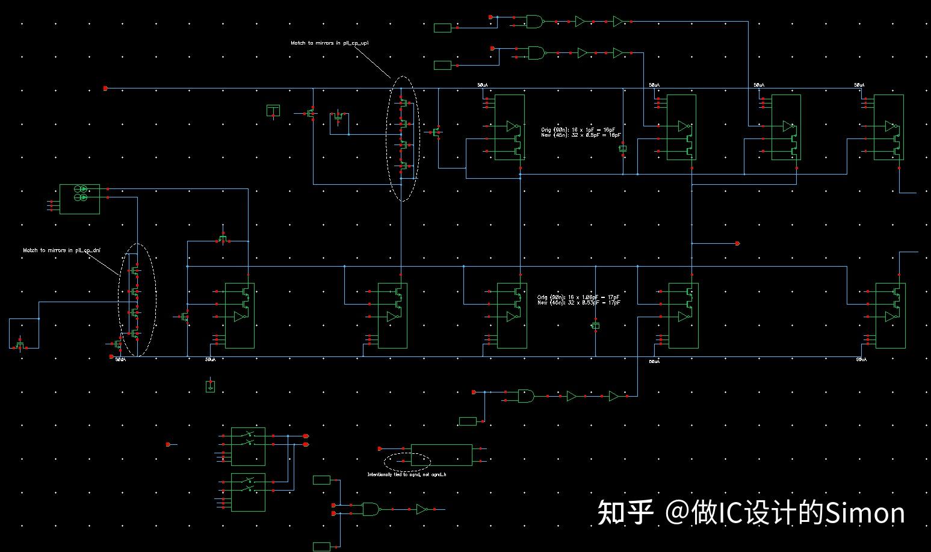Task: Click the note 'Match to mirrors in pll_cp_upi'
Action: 329,43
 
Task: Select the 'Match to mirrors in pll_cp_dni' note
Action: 62,250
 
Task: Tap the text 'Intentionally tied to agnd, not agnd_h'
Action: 407,474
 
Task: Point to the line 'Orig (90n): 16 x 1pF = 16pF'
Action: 580,129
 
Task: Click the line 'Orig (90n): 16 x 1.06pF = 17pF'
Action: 578,297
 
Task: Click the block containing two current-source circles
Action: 79,199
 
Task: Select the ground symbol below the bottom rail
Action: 210,386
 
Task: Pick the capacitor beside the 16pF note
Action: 623,147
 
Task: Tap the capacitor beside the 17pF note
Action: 595,326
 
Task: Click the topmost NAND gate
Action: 534,22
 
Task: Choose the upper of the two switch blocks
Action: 248,446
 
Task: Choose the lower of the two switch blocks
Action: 248,492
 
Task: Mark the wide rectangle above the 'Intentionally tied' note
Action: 441,456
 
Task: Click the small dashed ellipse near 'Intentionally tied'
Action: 407,462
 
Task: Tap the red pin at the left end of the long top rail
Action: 106,88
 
